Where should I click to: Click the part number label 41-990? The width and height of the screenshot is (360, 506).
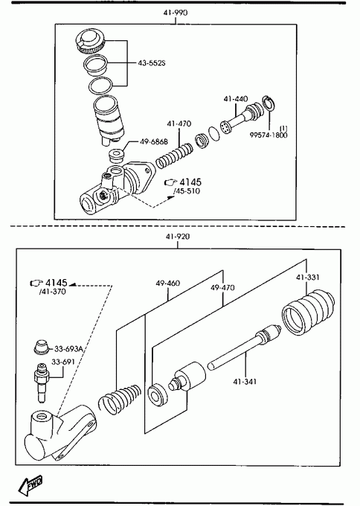[x=176, y=13]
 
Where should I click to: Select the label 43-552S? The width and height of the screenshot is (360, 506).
[x=151, y=63]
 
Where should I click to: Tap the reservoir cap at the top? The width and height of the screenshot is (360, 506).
[x=89, y=41]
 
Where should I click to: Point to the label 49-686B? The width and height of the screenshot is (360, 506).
[x=154, y=141]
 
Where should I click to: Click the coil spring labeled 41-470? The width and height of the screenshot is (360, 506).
[x=174, y=156]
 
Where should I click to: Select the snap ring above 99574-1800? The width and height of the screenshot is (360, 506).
[x=269, y=103]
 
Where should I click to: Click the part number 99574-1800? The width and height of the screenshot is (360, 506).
[x=269, y=135]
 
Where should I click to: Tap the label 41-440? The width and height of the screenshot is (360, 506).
[x=236, y=99]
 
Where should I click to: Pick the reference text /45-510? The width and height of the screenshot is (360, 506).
[x=187, y=191]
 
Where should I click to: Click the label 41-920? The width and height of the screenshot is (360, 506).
[x=178, y=237]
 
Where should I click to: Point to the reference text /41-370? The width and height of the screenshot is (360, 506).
[x=52, y=292]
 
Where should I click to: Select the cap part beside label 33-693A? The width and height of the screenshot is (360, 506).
[x=42, y=348]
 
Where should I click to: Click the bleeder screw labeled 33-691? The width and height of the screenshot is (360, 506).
[x=41, y=382]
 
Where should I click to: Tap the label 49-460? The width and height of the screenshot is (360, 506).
[x=168, y=284]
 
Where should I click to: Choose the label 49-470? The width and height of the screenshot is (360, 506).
[x=222, y=287]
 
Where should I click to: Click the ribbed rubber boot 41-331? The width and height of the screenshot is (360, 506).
[x=308, y=313]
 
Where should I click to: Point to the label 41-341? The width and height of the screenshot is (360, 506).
[x=245, y=382]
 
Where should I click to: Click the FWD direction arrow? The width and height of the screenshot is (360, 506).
[x=30, y=484]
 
